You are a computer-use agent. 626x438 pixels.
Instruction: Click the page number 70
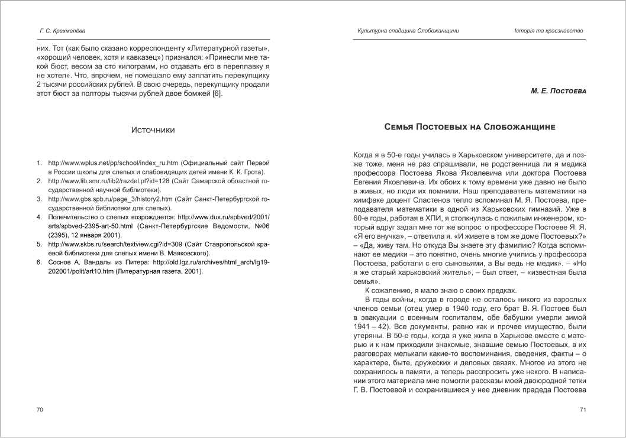[x=40, y=410]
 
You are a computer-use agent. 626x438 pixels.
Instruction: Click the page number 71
[x=582, y=410]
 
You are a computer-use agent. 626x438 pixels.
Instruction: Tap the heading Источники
[x=153, y=130]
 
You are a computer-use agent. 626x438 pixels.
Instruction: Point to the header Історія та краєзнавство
[x=548, y=31]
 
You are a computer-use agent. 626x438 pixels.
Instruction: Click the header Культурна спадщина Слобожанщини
[x=408, y=31]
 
